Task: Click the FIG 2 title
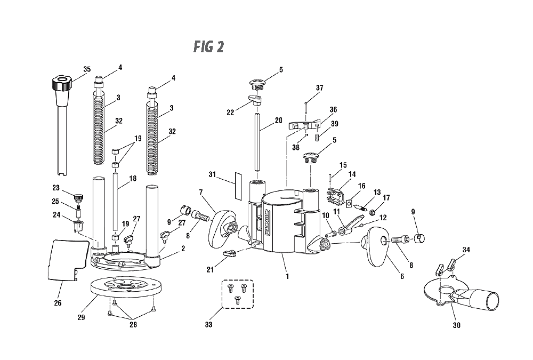click(x=209, y=46)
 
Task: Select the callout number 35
click(x=87, y=69)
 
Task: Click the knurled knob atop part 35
click(x=61, y=84)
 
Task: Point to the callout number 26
click(x=58, y=303)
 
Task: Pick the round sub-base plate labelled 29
click(x=125, y=285)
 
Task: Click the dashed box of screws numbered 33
click(x=238, y=294)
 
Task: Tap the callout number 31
click(x=212, y=174)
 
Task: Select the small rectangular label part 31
click(x=238, y=186)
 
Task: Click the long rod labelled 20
click(x=257, y=142)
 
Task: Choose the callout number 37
click(x=319, y=88)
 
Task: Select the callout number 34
click(x=466, y=250)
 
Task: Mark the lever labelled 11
click(x=349, y=226)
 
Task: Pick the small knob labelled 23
click(x=78, y=197)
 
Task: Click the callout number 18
click(x=133, y=178)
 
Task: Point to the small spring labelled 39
click(x=317, y=137)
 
